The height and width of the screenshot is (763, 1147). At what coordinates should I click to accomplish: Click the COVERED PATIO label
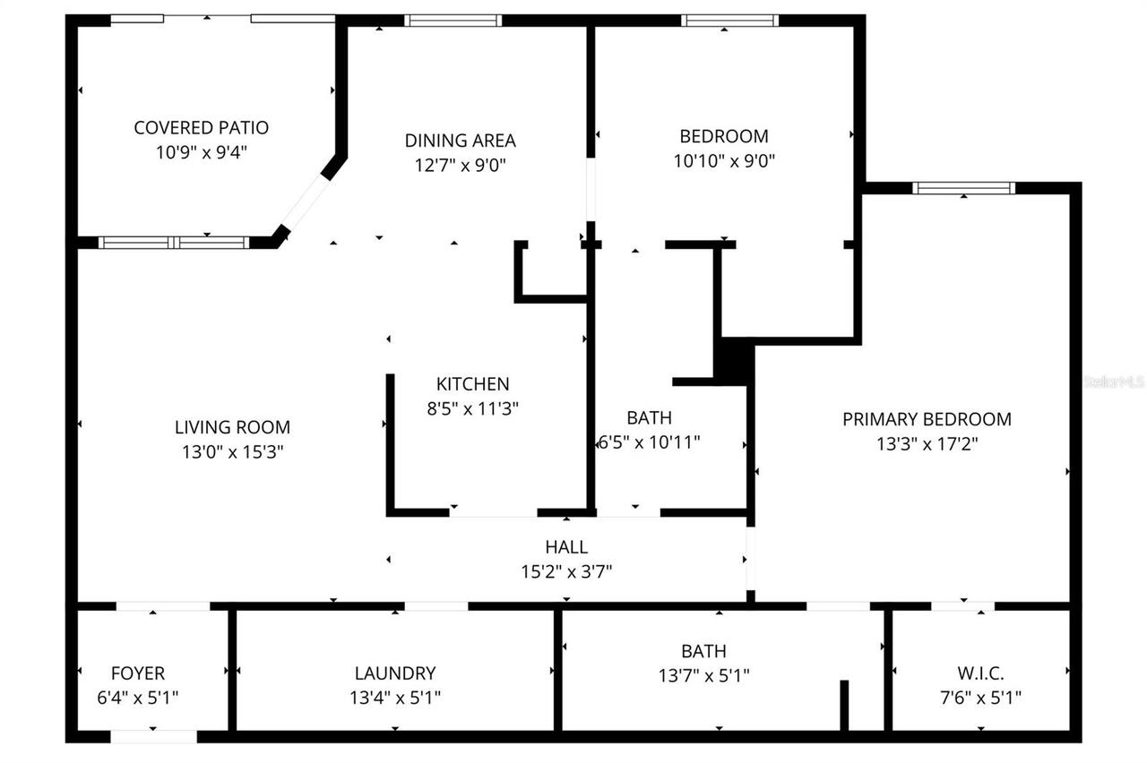(x=201, y=128)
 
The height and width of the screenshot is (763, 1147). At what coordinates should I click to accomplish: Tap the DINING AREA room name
(x=460, y=141)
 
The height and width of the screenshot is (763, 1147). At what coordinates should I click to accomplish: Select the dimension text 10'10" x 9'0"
(x=723, y=161)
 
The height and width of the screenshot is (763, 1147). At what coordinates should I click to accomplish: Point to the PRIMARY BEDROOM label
(x=927, y=419)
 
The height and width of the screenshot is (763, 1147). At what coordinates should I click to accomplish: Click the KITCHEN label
(x=472, y=384)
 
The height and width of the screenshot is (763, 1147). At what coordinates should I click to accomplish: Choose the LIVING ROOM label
(x=232, y=428)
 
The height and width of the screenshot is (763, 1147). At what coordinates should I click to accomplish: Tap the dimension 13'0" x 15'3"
(x=232, y=452)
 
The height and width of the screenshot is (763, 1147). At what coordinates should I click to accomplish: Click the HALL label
(x=566, y=547)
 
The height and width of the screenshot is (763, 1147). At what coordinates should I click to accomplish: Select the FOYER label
(x=137, y=673)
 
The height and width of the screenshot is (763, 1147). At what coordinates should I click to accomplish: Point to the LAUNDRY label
(x=394, y=673)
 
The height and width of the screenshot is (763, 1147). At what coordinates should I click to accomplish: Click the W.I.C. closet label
(x=982, y=673)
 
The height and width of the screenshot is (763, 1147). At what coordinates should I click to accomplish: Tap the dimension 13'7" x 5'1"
(x=703, y=676)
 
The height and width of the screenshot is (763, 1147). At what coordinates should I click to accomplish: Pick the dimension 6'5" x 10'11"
(x=649, y=442)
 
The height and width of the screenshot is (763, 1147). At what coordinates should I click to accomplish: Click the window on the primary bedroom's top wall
(x=964, y=188)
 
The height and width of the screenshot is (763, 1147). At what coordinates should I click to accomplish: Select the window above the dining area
(x=453, y=21)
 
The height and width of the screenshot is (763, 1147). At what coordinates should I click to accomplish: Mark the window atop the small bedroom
(x=729, y=21)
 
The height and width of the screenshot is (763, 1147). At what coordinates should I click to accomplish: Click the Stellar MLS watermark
(x=1114, y=381)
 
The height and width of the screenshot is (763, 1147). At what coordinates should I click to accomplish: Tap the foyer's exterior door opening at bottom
(x=153, y=736)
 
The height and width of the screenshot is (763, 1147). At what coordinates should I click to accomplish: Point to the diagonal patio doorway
(x=306, y=202)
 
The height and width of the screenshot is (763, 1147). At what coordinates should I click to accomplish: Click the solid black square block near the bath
(x=731, y=360)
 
